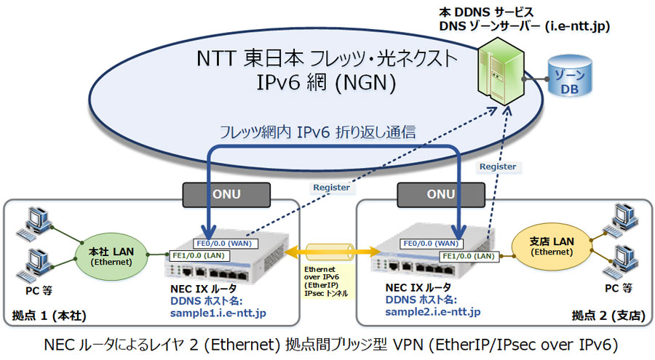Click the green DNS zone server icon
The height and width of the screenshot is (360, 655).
(x=501, y=71)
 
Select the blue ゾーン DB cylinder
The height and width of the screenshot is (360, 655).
(x=570, y=77)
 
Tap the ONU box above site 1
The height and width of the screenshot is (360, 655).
(x=226, y=195)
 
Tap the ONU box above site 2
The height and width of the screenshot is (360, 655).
(x=441, y=195)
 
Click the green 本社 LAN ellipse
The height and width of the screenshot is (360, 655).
(x=111, y=256)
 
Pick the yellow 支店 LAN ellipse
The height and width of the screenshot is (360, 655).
(x=552, y=247)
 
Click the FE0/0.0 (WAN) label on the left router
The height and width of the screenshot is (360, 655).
(x=225, y=244)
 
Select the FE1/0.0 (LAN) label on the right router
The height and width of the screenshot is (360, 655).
(x=469, y=256)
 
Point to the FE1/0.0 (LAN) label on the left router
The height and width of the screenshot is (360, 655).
(x=199, y=255)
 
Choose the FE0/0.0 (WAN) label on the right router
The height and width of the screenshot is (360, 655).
(x=431, y=244)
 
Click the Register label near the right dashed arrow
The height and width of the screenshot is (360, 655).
(x=498, y=167)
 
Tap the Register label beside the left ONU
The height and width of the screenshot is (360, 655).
(x=332, y=188)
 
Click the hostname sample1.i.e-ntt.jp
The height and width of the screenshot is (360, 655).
(x=218, y=313)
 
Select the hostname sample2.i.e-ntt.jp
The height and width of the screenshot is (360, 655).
(x=433, y=312)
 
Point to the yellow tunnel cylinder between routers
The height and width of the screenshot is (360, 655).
(x=330, y=252)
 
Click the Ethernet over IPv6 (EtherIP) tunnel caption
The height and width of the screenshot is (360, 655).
(x=326, y=281)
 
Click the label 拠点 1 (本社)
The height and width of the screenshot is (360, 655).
(x=49, y=316)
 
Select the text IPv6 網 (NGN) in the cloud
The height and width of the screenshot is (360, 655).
(x=326, y=82)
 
